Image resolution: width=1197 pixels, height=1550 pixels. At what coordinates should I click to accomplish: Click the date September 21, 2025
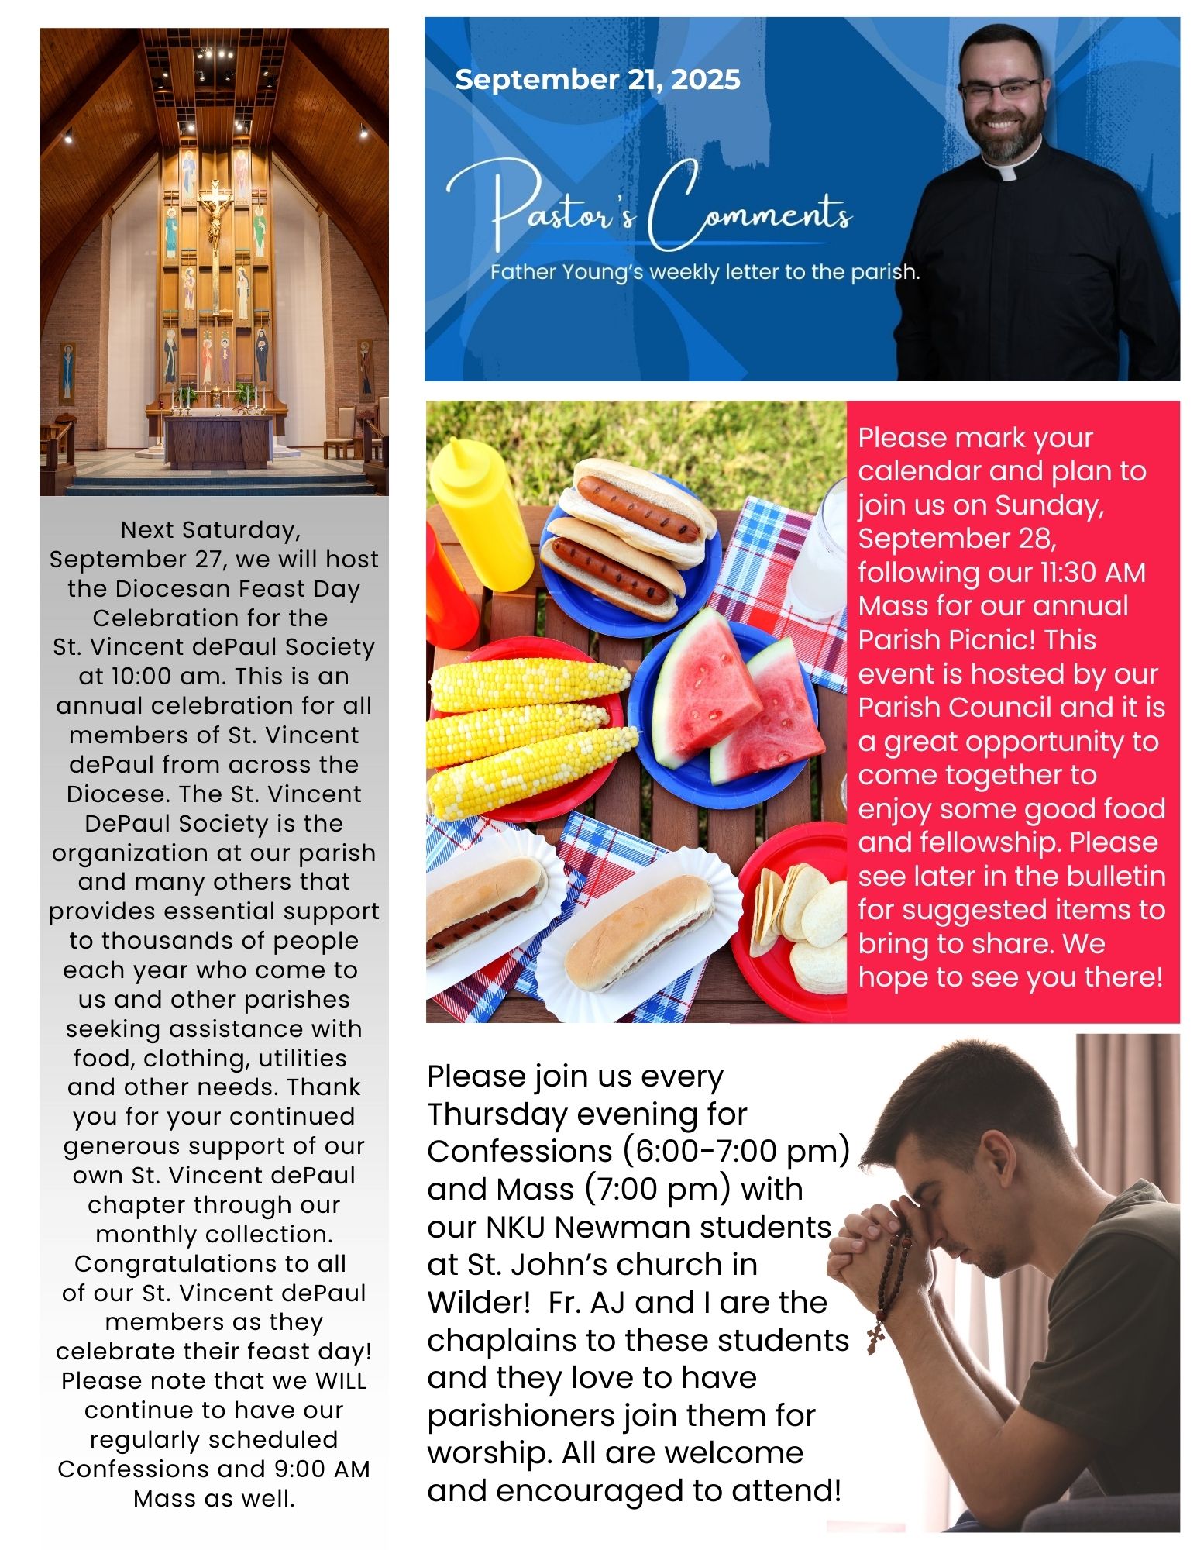point(597,79)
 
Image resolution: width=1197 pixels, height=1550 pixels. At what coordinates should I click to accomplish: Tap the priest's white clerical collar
point(1008,172)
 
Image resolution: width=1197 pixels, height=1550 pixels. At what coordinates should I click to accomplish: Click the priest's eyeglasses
point(999,90)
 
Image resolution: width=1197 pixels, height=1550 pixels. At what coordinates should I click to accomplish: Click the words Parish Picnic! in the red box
point(977,639)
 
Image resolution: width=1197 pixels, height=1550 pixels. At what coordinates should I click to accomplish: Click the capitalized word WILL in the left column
point(340,1380)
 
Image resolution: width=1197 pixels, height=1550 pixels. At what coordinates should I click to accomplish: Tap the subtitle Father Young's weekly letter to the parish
point(704,273)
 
